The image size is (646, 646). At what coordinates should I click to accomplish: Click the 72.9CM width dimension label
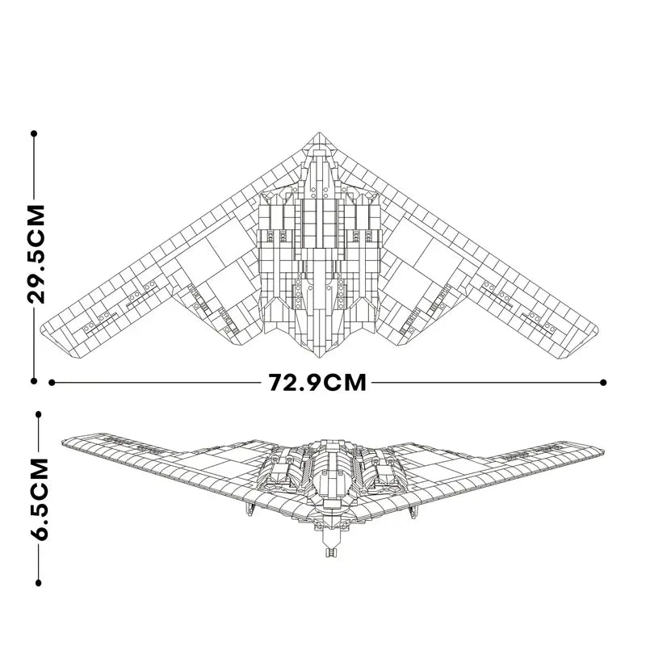317,382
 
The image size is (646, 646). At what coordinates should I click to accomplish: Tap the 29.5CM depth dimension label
36,254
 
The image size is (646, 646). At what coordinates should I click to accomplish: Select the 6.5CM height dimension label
40,498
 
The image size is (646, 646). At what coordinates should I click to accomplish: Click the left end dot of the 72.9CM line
52,383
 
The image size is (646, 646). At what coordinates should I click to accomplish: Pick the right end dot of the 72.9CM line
603,383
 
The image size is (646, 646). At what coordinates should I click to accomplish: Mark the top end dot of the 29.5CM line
34,133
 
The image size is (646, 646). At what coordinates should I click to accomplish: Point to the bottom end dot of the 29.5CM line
34,381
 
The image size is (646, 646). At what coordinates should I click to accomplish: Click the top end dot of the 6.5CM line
38,414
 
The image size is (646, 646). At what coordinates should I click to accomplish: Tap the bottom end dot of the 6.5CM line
38,582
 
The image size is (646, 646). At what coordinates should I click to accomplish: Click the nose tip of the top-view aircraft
319,132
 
